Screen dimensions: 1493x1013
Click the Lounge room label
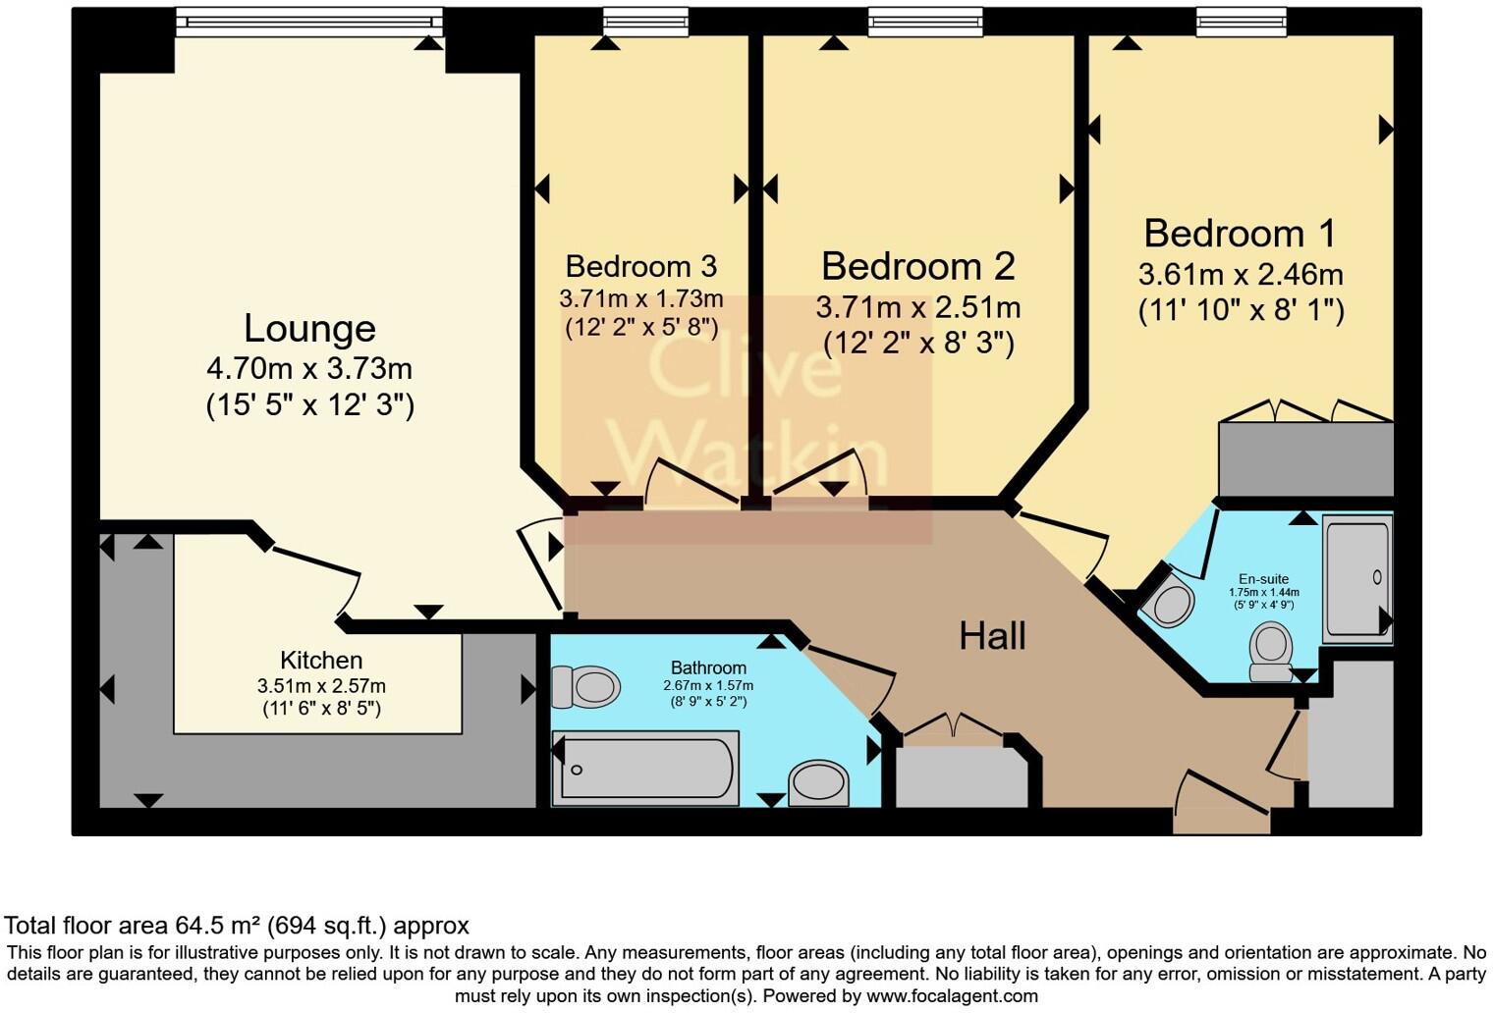click(310, 329)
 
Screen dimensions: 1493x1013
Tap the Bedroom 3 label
click(641, 266)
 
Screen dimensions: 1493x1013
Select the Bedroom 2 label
click(918, 266)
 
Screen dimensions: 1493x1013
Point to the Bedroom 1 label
click(1241, 234)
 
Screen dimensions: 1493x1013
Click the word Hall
click(992, 636)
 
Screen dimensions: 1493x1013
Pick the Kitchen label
click(321, 660)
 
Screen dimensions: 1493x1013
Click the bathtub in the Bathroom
click(646, 768)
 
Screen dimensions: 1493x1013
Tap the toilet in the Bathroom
click(585, 687)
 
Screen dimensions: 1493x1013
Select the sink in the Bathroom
click(819, 784)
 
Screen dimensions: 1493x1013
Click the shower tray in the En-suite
click(1357, 578)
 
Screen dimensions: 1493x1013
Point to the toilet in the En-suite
click(1271, 652)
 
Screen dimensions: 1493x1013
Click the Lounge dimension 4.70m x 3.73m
click(309, 368)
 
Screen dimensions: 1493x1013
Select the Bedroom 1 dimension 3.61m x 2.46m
click(1241, 275)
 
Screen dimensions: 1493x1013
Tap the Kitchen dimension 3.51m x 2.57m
click(321, 685)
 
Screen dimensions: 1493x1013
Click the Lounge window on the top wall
click(309, 22)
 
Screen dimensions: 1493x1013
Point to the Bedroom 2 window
click(926, 22)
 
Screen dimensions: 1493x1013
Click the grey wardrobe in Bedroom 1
click(1305, 458)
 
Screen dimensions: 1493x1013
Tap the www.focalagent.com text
click(952, 996)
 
